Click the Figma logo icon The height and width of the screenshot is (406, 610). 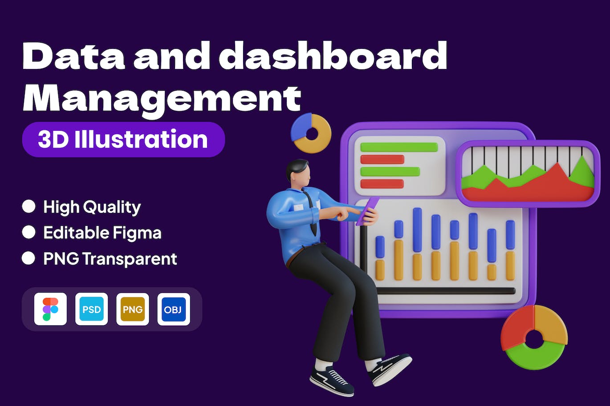[50, 309]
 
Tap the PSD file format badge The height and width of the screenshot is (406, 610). [92, 309]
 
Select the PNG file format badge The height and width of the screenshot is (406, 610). [133, 309]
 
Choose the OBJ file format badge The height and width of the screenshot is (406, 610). [174, 309]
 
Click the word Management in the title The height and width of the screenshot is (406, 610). [162, 100]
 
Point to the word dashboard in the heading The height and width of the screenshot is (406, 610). [337, 56]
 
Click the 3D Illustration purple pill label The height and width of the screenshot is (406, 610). [123, 140]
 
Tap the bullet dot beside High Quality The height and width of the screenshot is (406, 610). [29, 206]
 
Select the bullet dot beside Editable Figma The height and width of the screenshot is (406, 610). [29, 232]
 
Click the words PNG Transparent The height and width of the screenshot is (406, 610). [110, 259]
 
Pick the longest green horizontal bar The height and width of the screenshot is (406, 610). [399, 147]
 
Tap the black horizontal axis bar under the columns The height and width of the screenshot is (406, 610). [446, 291]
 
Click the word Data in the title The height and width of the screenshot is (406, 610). [74, 56]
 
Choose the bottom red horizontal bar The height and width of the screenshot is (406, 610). [382, 184]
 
